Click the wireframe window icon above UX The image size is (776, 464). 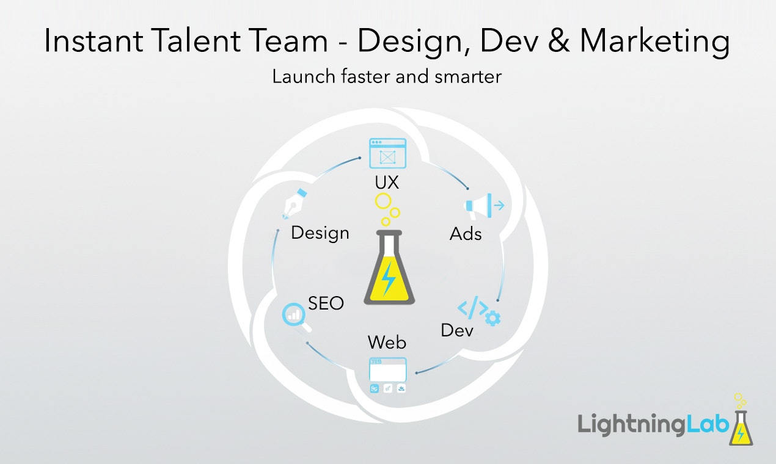click(387, 153)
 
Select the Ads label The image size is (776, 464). click(466, 233)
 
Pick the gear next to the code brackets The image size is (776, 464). click(492, 318)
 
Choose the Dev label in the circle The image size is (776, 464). click(457, 330)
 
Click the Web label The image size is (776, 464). click(387, 343)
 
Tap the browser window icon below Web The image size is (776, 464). click(387, 370)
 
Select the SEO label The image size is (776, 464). click(326, 303)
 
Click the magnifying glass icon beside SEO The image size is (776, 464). click(295, 316)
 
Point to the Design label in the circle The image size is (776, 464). click(320, 233)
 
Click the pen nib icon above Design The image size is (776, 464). click(294, 205)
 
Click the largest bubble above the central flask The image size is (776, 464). click(383, 201)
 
